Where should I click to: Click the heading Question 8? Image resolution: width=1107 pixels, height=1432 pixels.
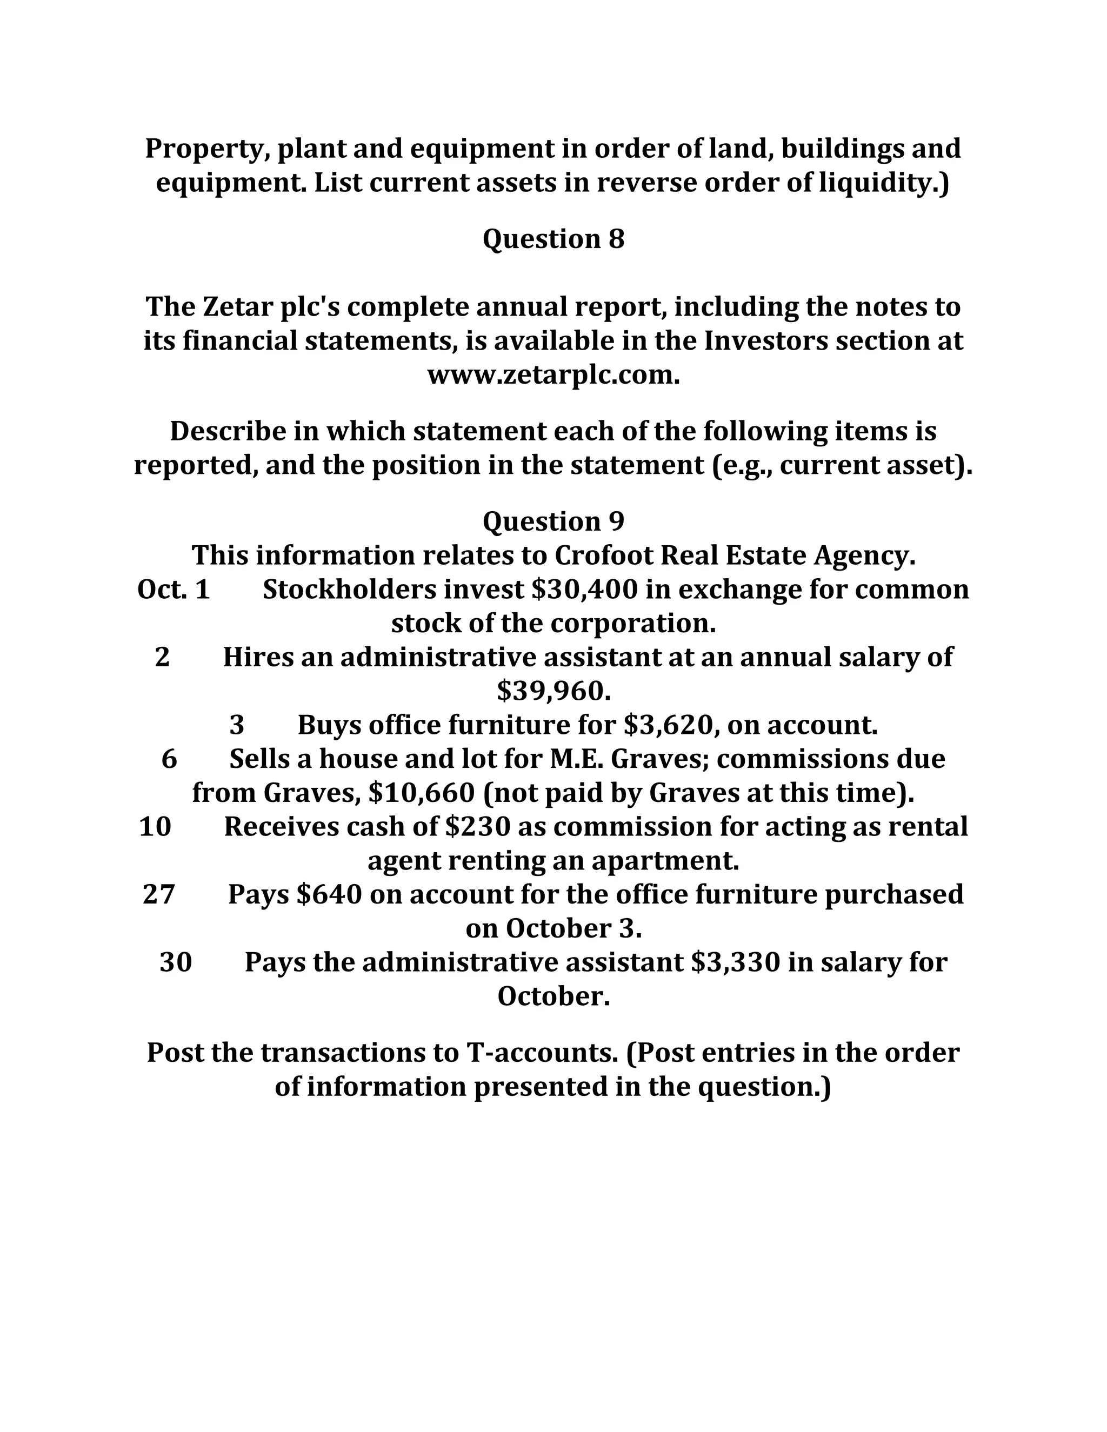click(x=553, y=239)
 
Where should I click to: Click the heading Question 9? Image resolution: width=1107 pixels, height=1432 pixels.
click(x=553, y=522)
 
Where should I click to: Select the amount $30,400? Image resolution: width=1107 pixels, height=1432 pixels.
click(x=584, y=590)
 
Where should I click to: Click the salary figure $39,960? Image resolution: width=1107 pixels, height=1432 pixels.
click(x=553, y=691)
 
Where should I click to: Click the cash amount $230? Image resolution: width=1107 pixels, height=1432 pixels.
click(x=477, y=827)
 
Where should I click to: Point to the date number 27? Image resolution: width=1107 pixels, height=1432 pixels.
click(x=159, y=895)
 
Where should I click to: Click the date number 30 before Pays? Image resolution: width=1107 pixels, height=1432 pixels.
click(x=176, y=962)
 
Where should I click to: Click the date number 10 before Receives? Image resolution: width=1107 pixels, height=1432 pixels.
click(x=156, y=827)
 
